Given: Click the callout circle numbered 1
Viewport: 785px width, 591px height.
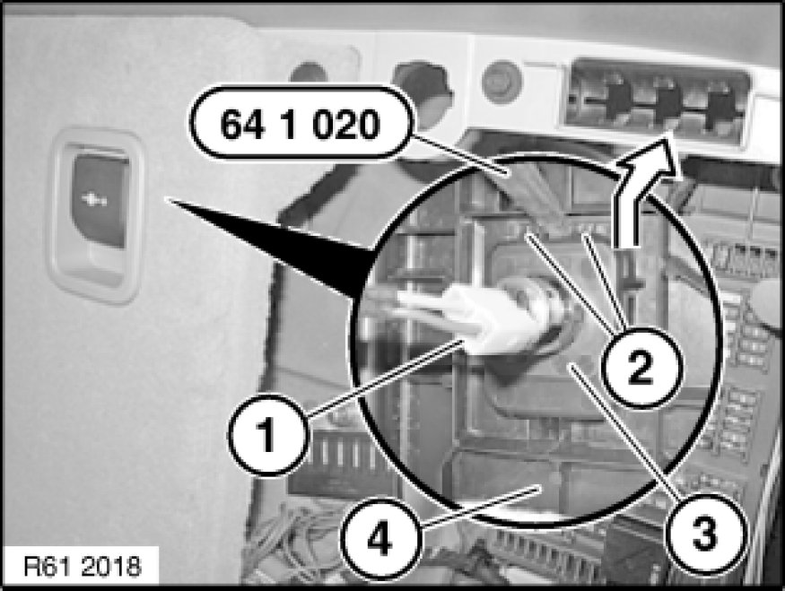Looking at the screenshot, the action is click(x=268, y=434).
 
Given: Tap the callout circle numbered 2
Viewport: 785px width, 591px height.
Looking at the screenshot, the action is click(x=641, y=368).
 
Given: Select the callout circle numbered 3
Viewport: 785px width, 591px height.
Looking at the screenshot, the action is click(x=705, y=534).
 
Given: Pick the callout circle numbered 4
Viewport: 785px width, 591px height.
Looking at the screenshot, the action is click(x=380, y=538).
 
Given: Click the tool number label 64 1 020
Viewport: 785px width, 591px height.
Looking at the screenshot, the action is click(x=301, y=123).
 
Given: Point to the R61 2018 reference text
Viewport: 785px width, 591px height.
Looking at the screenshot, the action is click(x=83, y=566).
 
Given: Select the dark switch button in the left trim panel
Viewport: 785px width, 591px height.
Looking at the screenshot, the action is click(x=100, y=199).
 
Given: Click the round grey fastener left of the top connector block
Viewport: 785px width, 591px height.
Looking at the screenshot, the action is click(x=502, y=81).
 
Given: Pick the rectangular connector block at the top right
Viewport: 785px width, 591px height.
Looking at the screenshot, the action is click(x=656, y=102).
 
